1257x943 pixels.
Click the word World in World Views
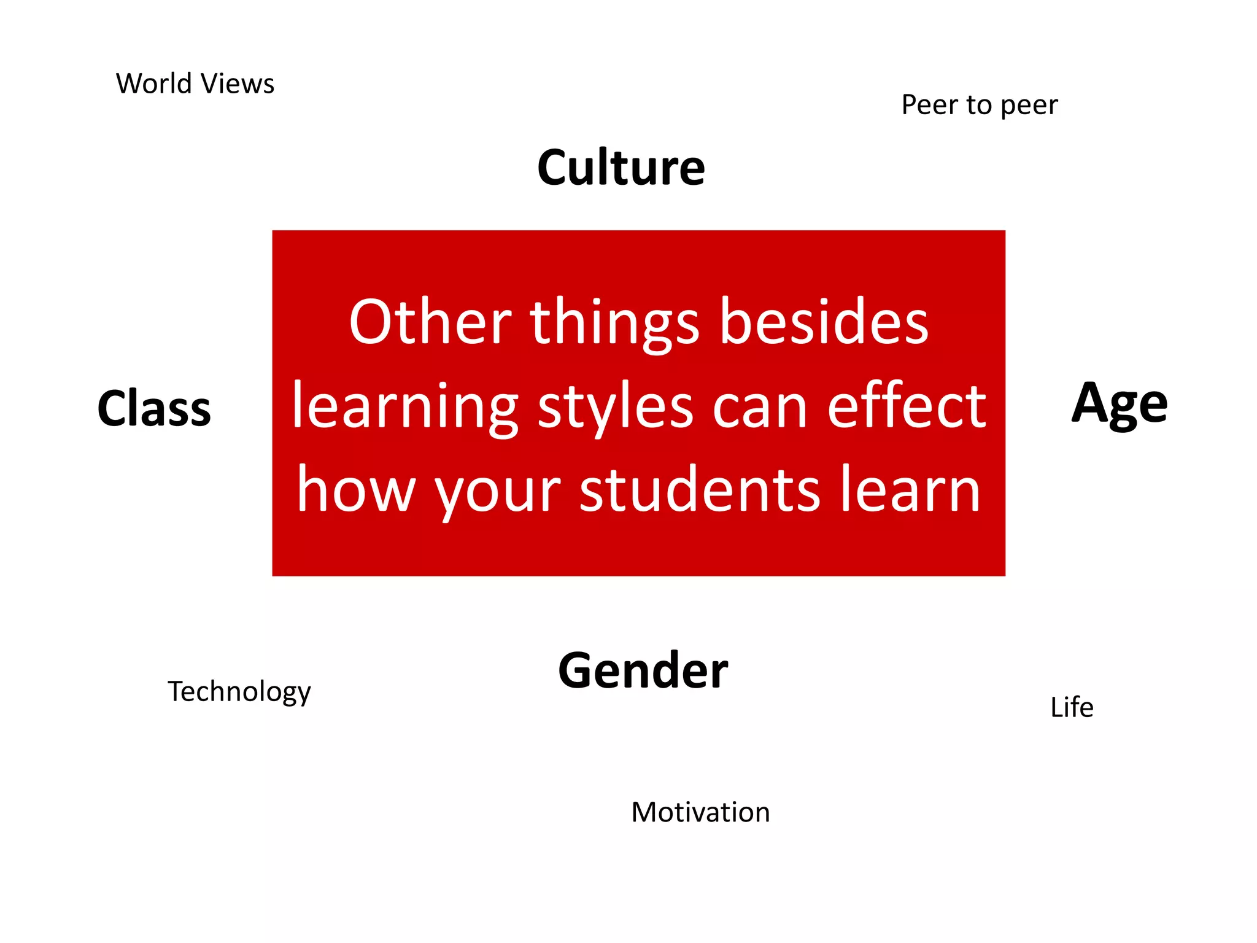click(154, 83)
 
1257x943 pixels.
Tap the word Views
click(238, 83)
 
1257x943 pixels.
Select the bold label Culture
click(621, 168)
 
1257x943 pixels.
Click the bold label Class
click(154, 408)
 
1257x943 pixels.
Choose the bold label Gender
click(643, 670)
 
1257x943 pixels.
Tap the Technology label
click(239, 692)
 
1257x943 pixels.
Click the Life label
click(1072, 707)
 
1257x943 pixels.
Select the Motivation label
click(700, 812)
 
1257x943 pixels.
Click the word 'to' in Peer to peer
click(979, 105)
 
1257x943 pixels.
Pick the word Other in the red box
click(430, 322)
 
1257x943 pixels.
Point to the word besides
click(824, 322)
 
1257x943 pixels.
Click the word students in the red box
click(700, 490)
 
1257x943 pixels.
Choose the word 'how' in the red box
click(356, 490)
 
